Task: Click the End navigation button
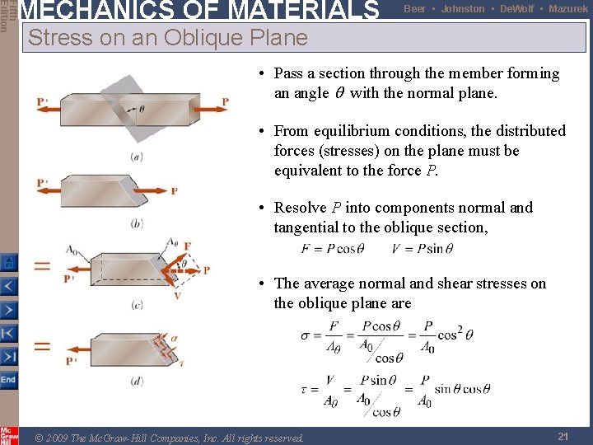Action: point(7,380)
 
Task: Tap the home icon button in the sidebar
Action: point(7,262)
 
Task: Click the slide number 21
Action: point(563,436)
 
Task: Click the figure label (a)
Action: point(137,156)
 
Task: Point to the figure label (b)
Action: point(137,222)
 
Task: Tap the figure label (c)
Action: point(137,305)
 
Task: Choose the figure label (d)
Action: point(137,381)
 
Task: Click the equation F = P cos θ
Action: point(334,249)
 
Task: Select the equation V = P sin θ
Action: point(423,249)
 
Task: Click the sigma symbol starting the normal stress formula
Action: point(306,336)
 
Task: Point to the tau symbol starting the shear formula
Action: point(304,390)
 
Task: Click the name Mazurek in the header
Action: point(568,9)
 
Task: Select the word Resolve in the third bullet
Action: point(303,208)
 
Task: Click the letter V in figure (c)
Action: point(178,295)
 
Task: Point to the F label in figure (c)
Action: point(188,246)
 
